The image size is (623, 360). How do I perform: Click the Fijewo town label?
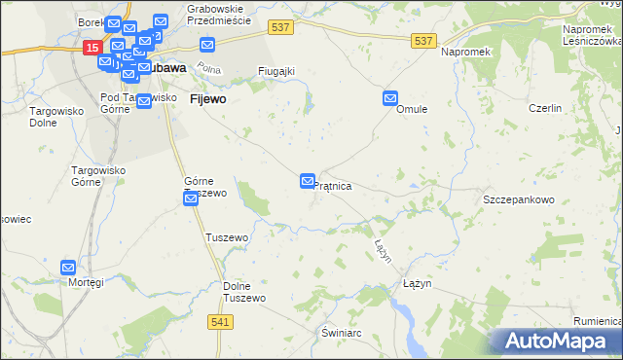pos(208,99)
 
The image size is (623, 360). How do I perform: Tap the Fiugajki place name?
pos(275,71)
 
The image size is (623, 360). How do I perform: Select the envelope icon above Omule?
pos(390,98)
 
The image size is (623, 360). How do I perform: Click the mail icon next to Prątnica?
pos(308,181)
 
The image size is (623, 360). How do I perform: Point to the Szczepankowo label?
pos(518,199)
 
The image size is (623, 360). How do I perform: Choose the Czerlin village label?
pos(545,109)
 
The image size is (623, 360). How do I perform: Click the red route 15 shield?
pos(92,47)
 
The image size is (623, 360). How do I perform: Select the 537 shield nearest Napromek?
pos(423,40)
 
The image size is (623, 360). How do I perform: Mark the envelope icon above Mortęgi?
pos(68,268)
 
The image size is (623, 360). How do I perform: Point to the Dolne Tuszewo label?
pos(244,292)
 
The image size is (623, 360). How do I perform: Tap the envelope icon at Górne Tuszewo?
pos(192,198)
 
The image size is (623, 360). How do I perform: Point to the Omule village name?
pos(413,110)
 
